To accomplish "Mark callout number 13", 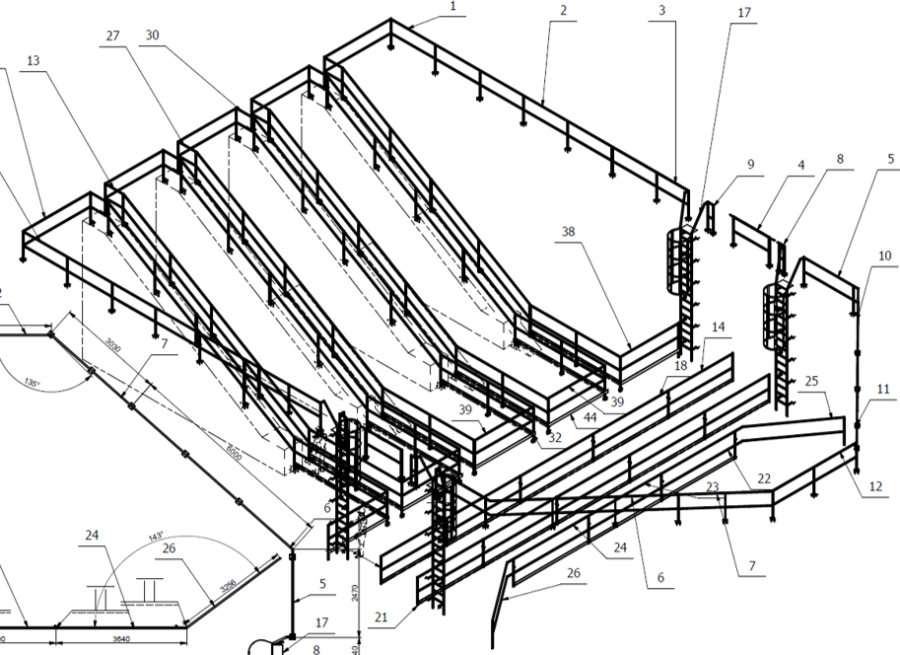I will [34, 61].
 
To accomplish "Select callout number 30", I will [152, 35].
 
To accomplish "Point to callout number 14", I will [717, 327].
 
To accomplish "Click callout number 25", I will [812, 381].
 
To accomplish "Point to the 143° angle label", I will [155, 537].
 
